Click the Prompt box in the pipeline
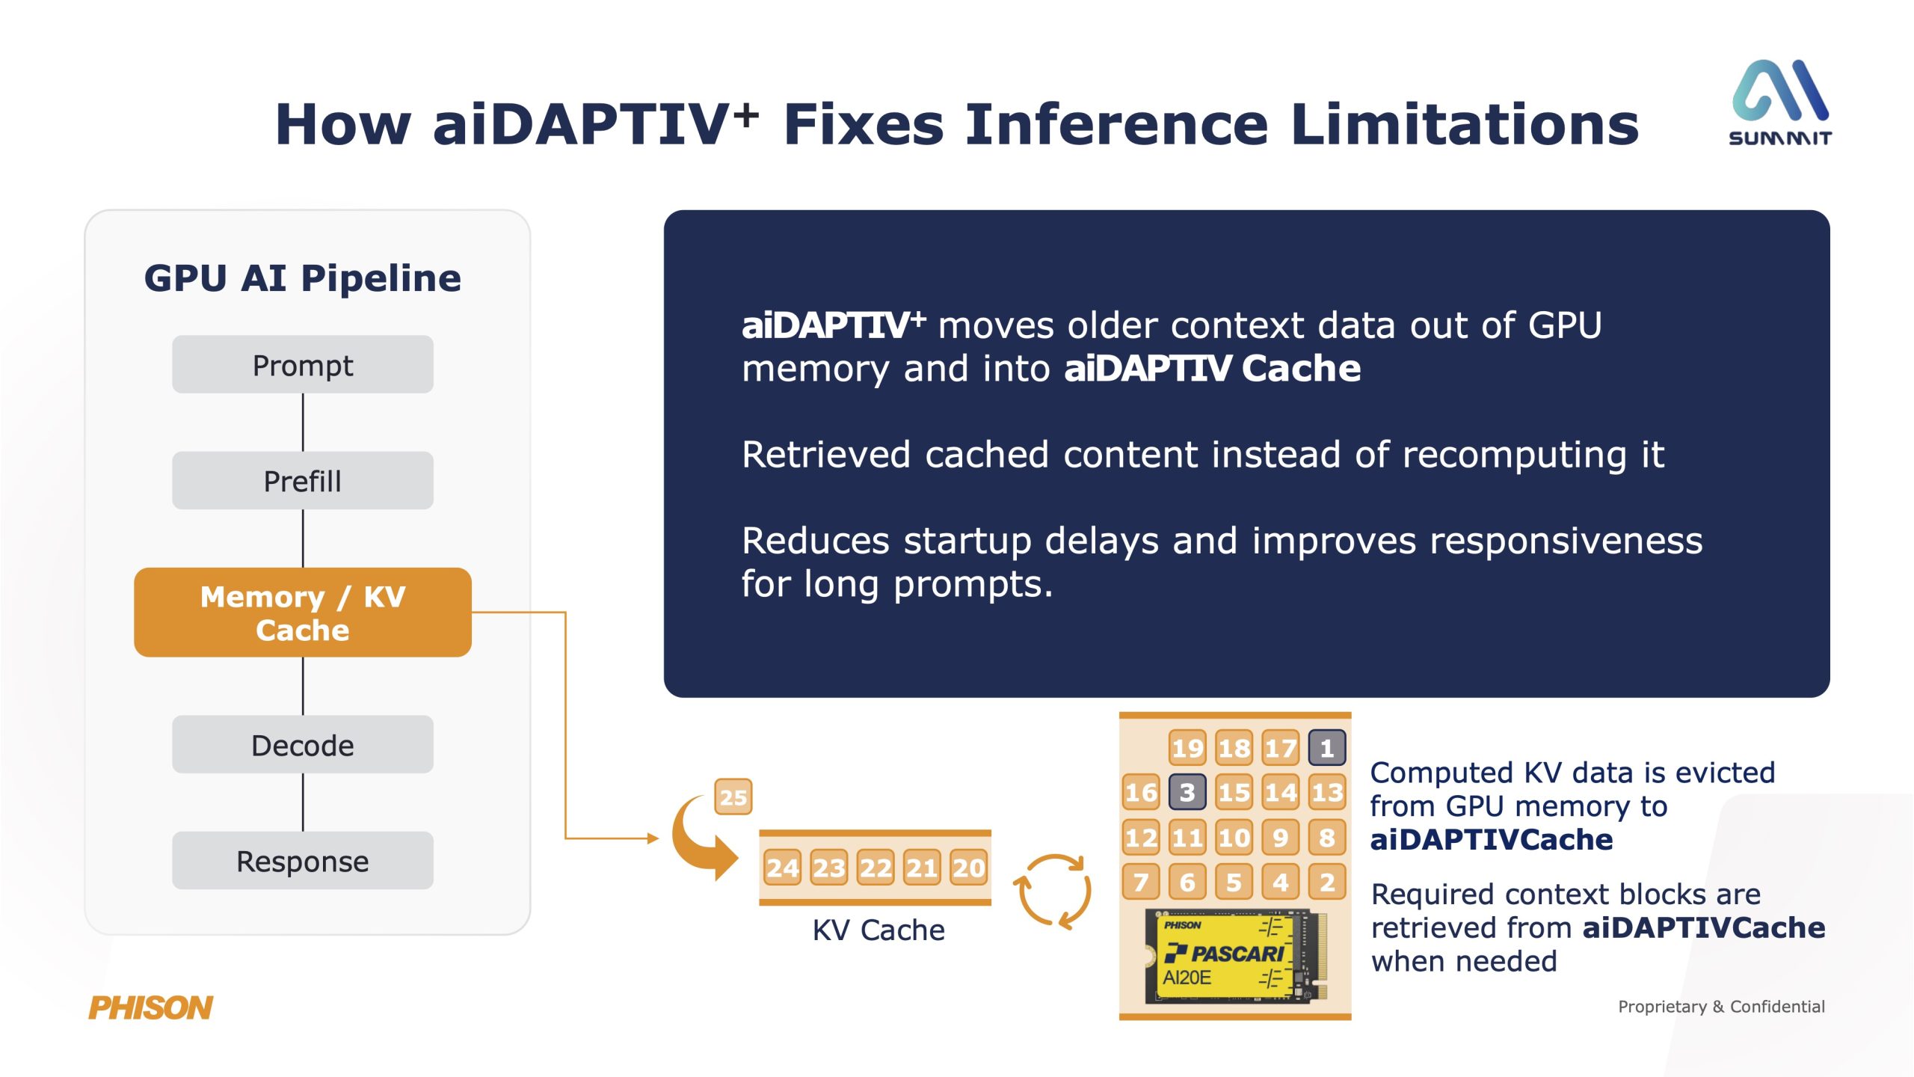coord(303,364)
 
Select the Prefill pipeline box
coord(303,480)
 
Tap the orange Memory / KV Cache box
coord(303,613)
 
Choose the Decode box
coord(303,744)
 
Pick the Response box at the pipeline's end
coord(303,860)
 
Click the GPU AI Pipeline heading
coord(303,278)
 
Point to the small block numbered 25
coord(733,797)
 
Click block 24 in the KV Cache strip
coord(783,868)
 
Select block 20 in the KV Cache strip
coord(968,868)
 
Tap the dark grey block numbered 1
coord(1327,748)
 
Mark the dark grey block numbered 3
coord(1187,792)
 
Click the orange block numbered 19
coord(1187,748)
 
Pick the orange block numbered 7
coord(1141,882)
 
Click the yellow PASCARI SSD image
coord(1235,957)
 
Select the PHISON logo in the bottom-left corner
coord(151,1007)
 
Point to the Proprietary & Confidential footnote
coord(1721,1007)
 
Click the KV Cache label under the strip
coord(878,930)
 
